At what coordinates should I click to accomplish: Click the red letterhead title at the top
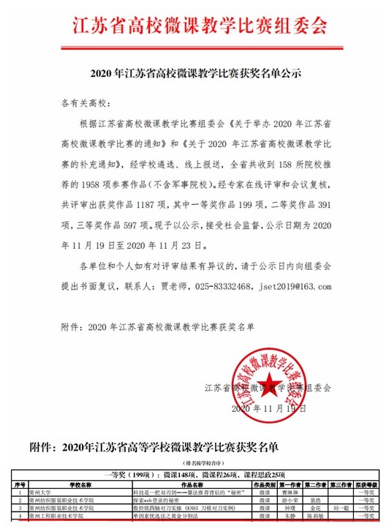pos(194,26)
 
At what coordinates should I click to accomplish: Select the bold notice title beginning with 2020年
pos(195,75)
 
